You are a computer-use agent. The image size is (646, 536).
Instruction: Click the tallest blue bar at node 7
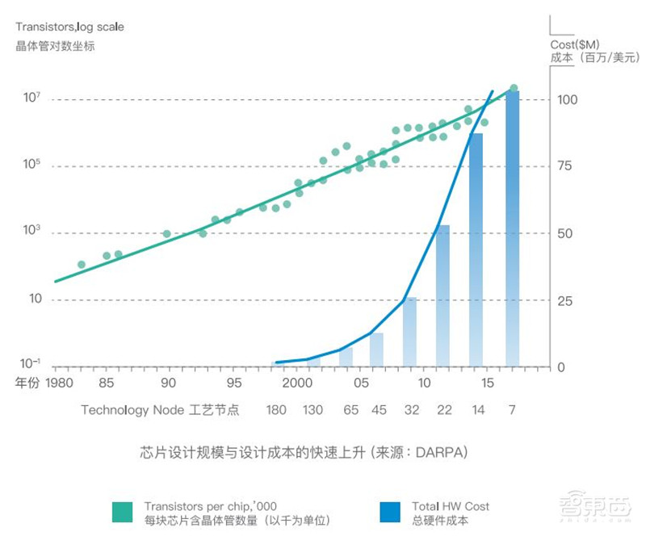[512, 230]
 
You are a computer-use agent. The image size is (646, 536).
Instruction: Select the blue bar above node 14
[476, 250]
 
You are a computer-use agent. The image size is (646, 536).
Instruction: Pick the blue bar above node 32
[410, 333]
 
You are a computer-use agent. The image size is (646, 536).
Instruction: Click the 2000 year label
[297, 382]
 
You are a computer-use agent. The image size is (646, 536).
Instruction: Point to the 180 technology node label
[276, 410]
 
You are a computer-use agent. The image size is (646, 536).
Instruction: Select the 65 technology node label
[350, 410]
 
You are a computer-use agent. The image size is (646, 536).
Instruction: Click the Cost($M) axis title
[573, 44]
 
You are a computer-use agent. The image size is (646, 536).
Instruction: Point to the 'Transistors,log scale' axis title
[69, 27]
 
